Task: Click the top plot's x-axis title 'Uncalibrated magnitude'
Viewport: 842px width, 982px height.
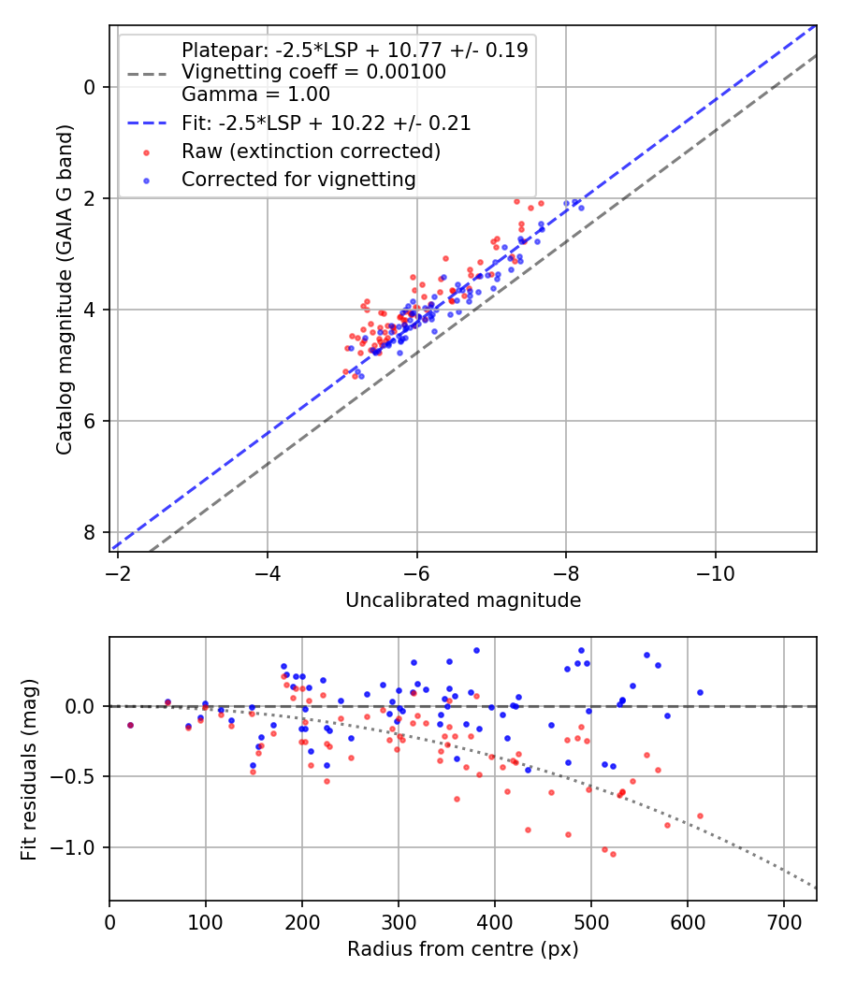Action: [x=463, y=600]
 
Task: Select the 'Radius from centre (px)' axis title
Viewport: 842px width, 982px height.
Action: [x=463, y=949]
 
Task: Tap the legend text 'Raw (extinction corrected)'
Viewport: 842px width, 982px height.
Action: [x=311, y=151]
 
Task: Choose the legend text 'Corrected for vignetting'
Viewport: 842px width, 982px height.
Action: [x=298, y=179]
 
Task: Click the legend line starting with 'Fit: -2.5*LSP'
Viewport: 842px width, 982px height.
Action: [x=326, y=123]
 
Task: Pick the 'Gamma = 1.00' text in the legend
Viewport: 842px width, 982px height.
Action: [x=255, y=94]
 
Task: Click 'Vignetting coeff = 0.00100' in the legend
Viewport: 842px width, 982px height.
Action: [x=313, y=72]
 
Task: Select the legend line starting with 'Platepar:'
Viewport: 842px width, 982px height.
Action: [x=355, y=51]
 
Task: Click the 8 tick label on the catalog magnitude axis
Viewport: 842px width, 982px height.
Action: [x=90, y=532]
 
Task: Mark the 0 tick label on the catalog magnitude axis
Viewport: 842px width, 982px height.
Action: [x=90, y=87]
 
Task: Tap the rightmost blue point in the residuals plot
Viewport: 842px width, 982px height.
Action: [x=700, y=692]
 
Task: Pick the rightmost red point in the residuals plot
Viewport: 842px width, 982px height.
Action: [x=700, y=816]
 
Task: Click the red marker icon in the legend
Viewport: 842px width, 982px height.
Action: [x=147, y=152]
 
